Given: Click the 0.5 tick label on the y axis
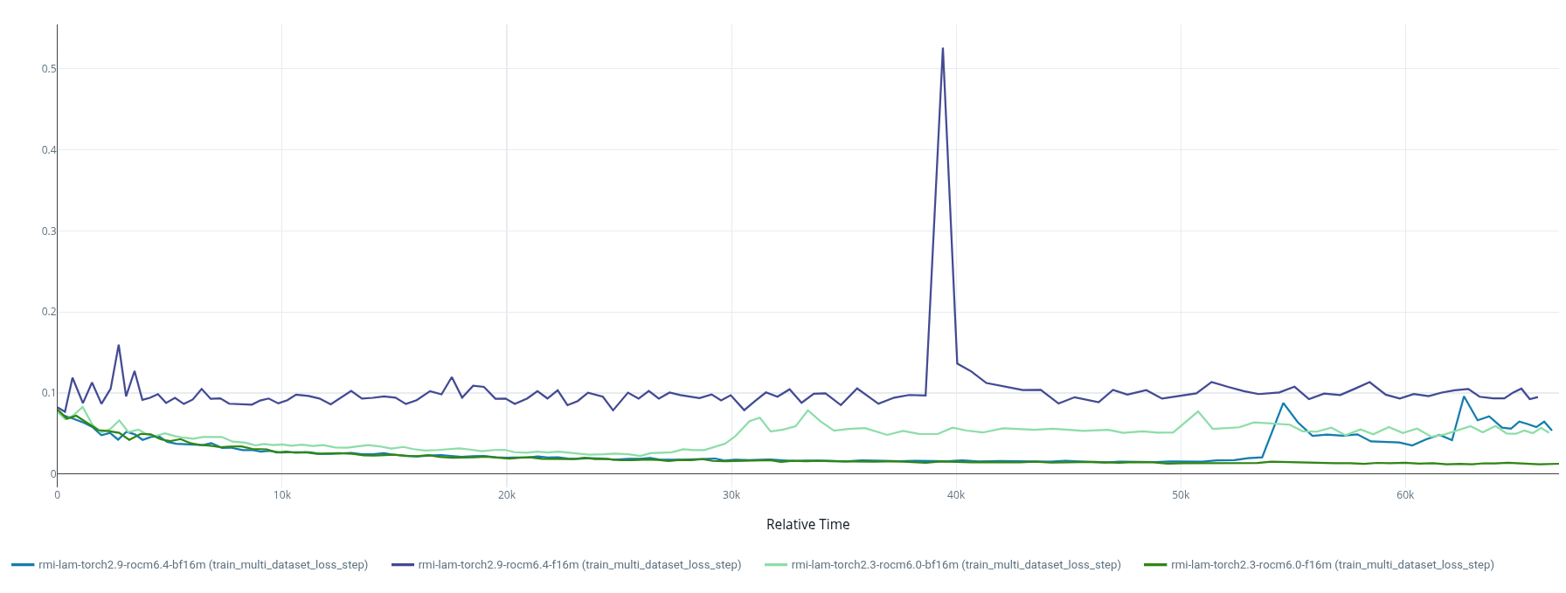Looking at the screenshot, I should pos(49,69).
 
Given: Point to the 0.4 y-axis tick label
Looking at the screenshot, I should pos(49,150).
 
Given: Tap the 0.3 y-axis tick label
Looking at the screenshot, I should pos(49,231).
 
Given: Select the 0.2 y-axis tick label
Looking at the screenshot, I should pos(49,312).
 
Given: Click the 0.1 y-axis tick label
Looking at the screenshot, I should pos(49,393).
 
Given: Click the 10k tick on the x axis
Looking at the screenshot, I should pos(281,495).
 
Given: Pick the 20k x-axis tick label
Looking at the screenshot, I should pos(506,495).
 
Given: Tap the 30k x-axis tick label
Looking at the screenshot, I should pos(731,495).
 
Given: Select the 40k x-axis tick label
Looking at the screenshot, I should pos(956,495).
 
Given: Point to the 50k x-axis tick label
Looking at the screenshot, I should pos(1181,495).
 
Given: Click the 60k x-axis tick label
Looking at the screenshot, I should pos(1405,495).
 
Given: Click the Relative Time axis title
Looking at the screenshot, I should pos(807,524).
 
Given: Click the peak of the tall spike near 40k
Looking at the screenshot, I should pos(942,49).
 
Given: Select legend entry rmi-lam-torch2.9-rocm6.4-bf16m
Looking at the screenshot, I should pos(203,565).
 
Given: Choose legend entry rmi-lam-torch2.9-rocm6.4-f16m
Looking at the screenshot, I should pos(579,565).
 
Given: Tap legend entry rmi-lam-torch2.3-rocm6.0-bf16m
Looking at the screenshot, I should pos(955,565).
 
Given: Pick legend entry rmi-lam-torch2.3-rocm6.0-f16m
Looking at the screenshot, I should pos(1332,565).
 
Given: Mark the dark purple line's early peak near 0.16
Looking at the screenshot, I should pos(119,345).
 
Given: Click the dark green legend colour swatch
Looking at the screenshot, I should pos(1155,565).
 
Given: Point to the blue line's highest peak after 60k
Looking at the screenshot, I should pos(1464,396).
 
